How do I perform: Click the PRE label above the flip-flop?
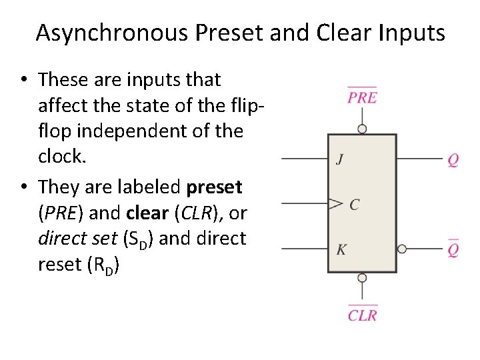pos(362,97)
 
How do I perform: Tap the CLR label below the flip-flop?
pos(362,315)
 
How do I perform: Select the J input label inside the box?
pos(340,159)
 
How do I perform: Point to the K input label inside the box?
pos(341,249)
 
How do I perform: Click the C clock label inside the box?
pos(354,204)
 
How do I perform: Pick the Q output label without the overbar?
pos(453,160)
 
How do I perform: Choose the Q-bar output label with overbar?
pos(453,249)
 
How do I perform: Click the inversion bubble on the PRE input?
pos(362,129)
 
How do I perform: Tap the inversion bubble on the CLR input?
pos(362,277)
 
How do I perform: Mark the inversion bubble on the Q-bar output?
pos(401,249)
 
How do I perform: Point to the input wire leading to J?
pos(304,159)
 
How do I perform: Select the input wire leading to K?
pos(304,249)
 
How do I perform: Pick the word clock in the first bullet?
pos(62,156)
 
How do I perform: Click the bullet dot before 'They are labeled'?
pos(23,186)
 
